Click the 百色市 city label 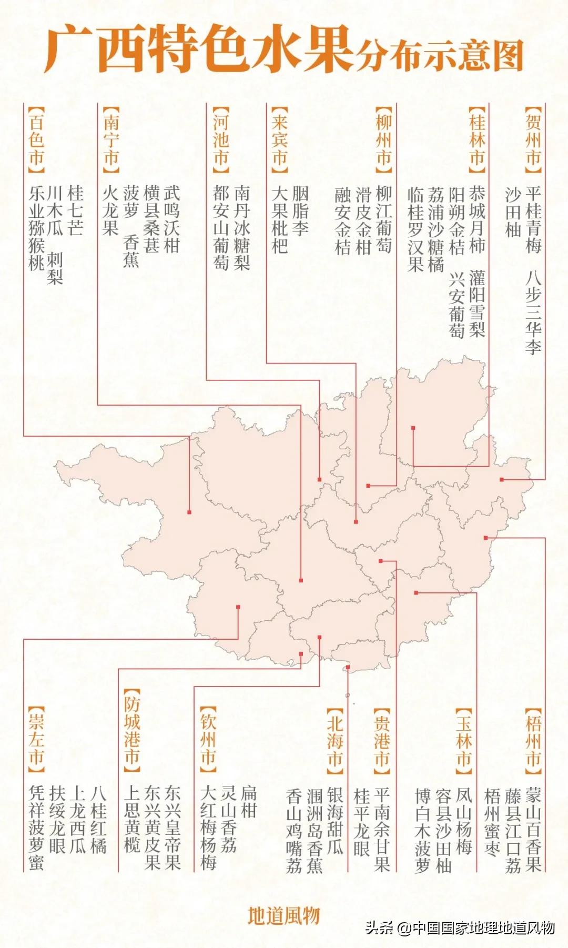click(x=36, y=139)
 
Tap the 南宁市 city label click(x=111, y=139)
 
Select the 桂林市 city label click(x=477, y=139)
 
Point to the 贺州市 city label click(x=533, y=139)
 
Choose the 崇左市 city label click(x=36, y=740)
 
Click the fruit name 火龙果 click(x=110, y=210)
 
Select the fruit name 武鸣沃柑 click(x=172, y=219)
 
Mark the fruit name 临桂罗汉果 click(x=415, y=229)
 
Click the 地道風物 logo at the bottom click(x=284, y=916)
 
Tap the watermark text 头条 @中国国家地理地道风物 click(x=460, y=927)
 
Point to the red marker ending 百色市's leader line click(x=189, y=512)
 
